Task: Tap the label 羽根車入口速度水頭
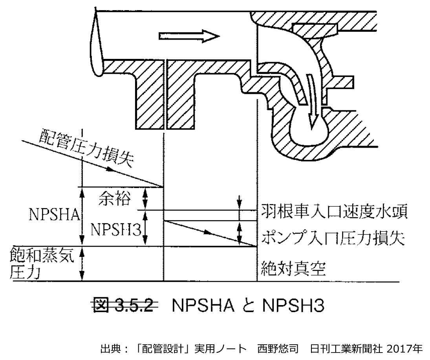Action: pyautogui.click(x=334, y=212)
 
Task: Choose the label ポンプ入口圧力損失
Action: pyautogui.click(x=333, y=238)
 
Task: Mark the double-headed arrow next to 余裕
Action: pyautogui.click(x=145, y=199)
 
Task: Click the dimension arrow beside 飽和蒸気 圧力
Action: pyautogui.click(x=82, y=264)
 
